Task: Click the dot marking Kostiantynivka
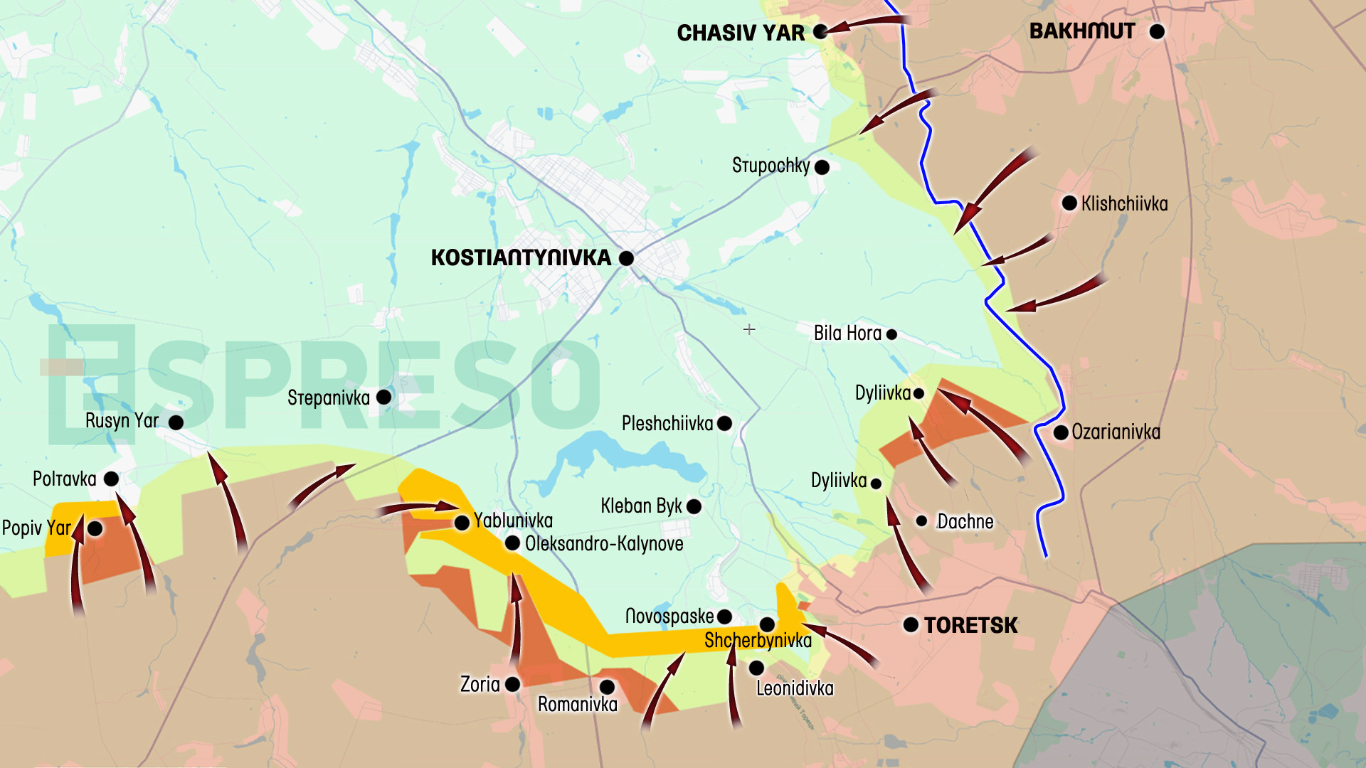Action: pos(626,258)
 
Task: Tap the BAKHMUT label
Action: pos(1082,31)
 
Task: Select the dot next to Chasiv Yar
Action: pos(820,31)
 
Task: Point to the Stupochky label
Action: pos(771,166)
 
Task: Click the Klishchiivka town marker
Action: pos(1069,203)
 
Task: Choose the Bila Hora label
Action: pos(847,333)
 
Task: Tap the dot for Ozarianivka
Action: pos(1060,432)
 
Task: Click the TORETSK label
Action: pos(970,625)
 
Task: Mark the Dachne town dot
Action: pos(921,521)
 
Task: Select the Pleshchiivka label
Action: pos(667,424)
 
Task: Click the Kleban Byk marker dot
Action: pos(694,506)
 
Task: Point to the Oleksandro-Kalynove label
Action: pos(603,544)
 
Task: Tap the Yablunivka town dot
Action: pos(462,523)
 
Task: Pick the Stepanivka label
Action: pos(328,398)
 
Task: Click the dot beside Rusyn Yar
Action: pos(176,422)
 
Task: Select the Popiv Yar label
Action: pos(36,528)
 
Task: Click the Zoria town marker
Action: pos(512,684)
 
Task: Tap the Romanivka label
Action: pos(577,705)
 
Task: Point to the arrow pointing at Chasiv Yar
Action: pos(864,25)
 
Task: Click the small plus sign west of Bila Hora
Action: pos(749,329)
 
